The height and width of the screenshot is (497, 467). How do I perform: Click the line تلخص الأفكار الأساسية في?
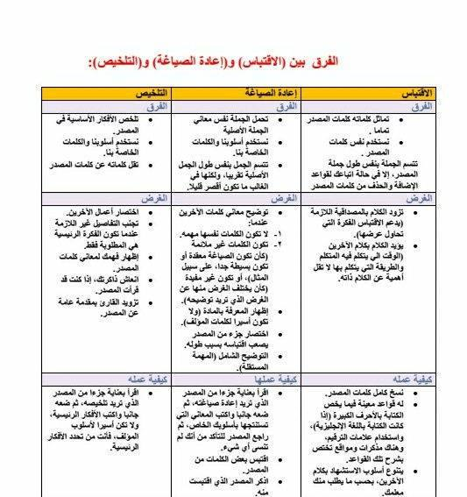[103, 117]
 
